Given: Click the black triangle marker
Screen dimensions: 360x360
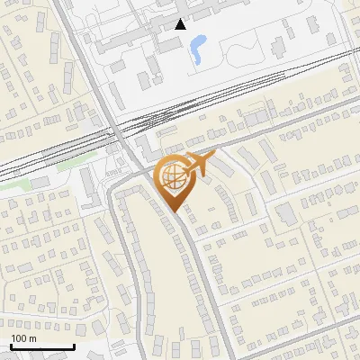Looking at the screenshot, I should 181,24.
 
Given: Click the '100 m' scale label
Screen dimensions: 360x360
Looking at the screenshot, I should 23,338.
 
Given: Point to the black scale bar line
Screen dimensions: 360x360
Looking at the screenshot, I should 41,346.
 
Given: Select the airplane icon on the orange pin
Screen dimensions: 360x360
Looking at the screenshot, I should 200,165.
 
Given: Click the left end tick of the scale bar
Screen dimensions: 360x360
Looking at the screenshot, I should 10,346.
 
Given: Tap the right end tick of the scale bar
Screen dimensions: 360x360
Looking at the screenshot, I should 74,346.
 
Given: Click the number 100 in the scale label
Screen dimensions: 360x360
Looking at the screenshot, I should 19,338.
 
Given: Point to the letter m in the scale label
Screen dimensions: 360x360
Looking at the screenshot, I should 32,338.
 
